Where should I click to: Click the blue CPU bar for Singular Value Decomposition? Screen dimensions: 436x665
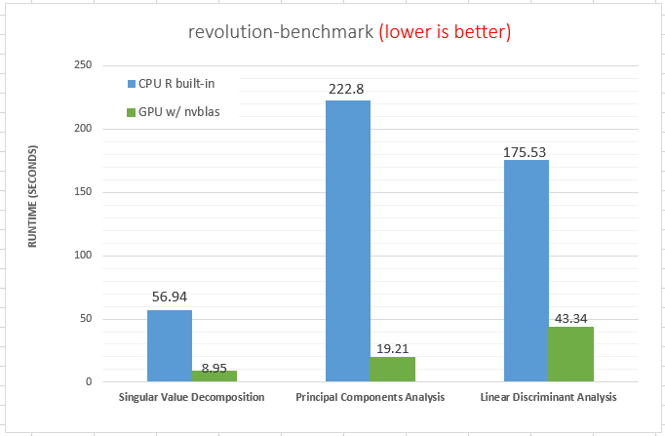(170, 345)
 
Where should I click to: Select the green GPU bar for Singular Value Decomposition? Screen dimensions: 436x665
(214, 376)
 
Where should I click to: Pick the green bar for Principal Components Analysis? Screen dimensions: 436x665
(392, 370)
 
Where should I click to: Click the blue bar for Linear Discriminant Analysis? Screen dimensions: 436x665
(527, 270)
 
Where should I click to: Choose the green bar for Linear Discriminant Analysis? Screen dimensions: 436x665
(570, 354)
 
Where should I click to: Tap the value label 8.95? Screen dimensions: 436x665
(214, 368)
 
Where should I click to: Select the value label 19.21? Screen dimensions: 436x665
(392, 346)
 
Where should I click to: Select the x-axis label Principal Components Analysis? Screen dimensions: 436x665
(370, 398)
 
